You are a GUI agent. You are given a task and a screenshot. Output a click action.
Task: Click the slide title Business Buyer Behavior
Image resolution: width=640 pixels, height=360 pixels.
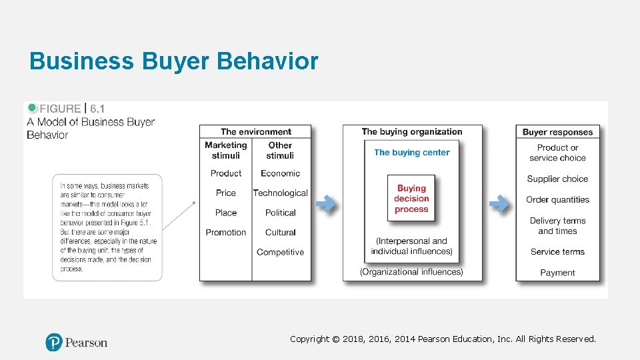[x=174, y=61]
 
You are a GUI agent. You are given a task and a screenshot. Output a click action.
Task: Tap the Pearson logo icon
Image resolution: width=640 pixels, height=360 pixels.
[x=53, y=343]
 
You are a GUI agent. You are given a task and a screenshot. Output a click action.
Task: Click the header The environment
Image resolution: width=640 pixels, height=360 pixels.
[x=256, y=132]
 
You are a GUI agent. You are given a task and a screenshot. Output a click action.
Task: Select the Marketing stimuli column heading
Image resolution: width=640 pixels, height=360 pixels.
[x=225, y=150]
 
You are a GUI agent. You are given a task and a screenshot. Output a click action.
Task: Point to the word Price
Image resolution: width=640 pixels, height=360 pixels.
[x=226, y=193]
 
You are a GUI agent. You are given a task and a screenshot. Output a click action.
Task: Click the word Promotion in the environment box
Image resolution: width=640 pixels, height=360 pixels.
[x=226, y=232]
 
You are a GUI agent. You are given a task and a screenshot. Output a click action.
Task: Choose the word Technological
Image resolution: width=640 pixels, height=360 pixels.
[x=280, y=193]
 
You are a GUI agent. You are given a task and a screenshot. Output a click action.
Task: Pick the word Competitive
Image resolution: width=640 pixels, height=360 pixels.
[x=280, y=252]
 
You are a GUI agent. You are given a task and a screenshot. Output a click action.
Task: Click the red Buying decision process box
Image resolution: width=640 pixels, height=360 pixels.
[x=411, y=199]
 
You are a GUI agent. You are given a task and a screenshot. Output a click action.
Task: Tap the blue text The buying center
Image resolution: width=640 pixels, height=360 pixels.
[x=412, y=152]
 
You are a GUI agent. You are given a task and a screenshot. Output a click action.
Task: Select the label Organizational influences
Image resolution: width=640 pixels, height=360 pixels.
[x=411, y=271]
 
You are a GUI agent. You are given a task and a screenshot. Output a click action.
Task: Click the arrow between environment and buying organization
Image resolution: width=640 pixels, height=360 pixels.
[x=326, y=204]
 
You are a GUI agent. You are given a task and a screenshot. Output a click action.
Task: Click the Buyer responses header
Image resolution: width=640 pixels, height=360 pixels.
[x=557, y=132]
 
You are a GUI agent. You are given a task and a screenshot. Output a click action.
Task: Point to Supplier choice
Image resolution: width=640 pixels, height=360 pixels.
[x=557, y=179]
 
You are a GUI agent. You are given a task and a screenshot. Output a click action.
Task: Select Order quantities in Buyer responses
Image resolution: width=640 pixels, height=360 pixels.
[x=557, y=199]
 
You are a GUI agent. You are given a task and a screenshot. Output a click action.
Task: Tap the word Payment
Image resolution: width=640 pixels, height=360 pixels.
[x=557, y=272]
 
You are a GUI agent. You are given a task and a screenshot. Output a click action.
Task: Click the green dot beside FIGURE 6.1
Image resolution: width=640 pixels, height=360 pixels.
[x=32, y=108]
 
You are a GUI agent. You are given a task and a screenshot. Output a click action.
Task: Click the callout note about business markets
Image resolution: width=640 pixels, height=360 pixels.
[x=107, y=227]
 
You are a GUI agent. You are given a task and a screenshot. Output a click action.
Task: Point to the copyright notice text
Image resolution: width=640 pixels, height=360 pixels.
[x=443, y=339]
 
